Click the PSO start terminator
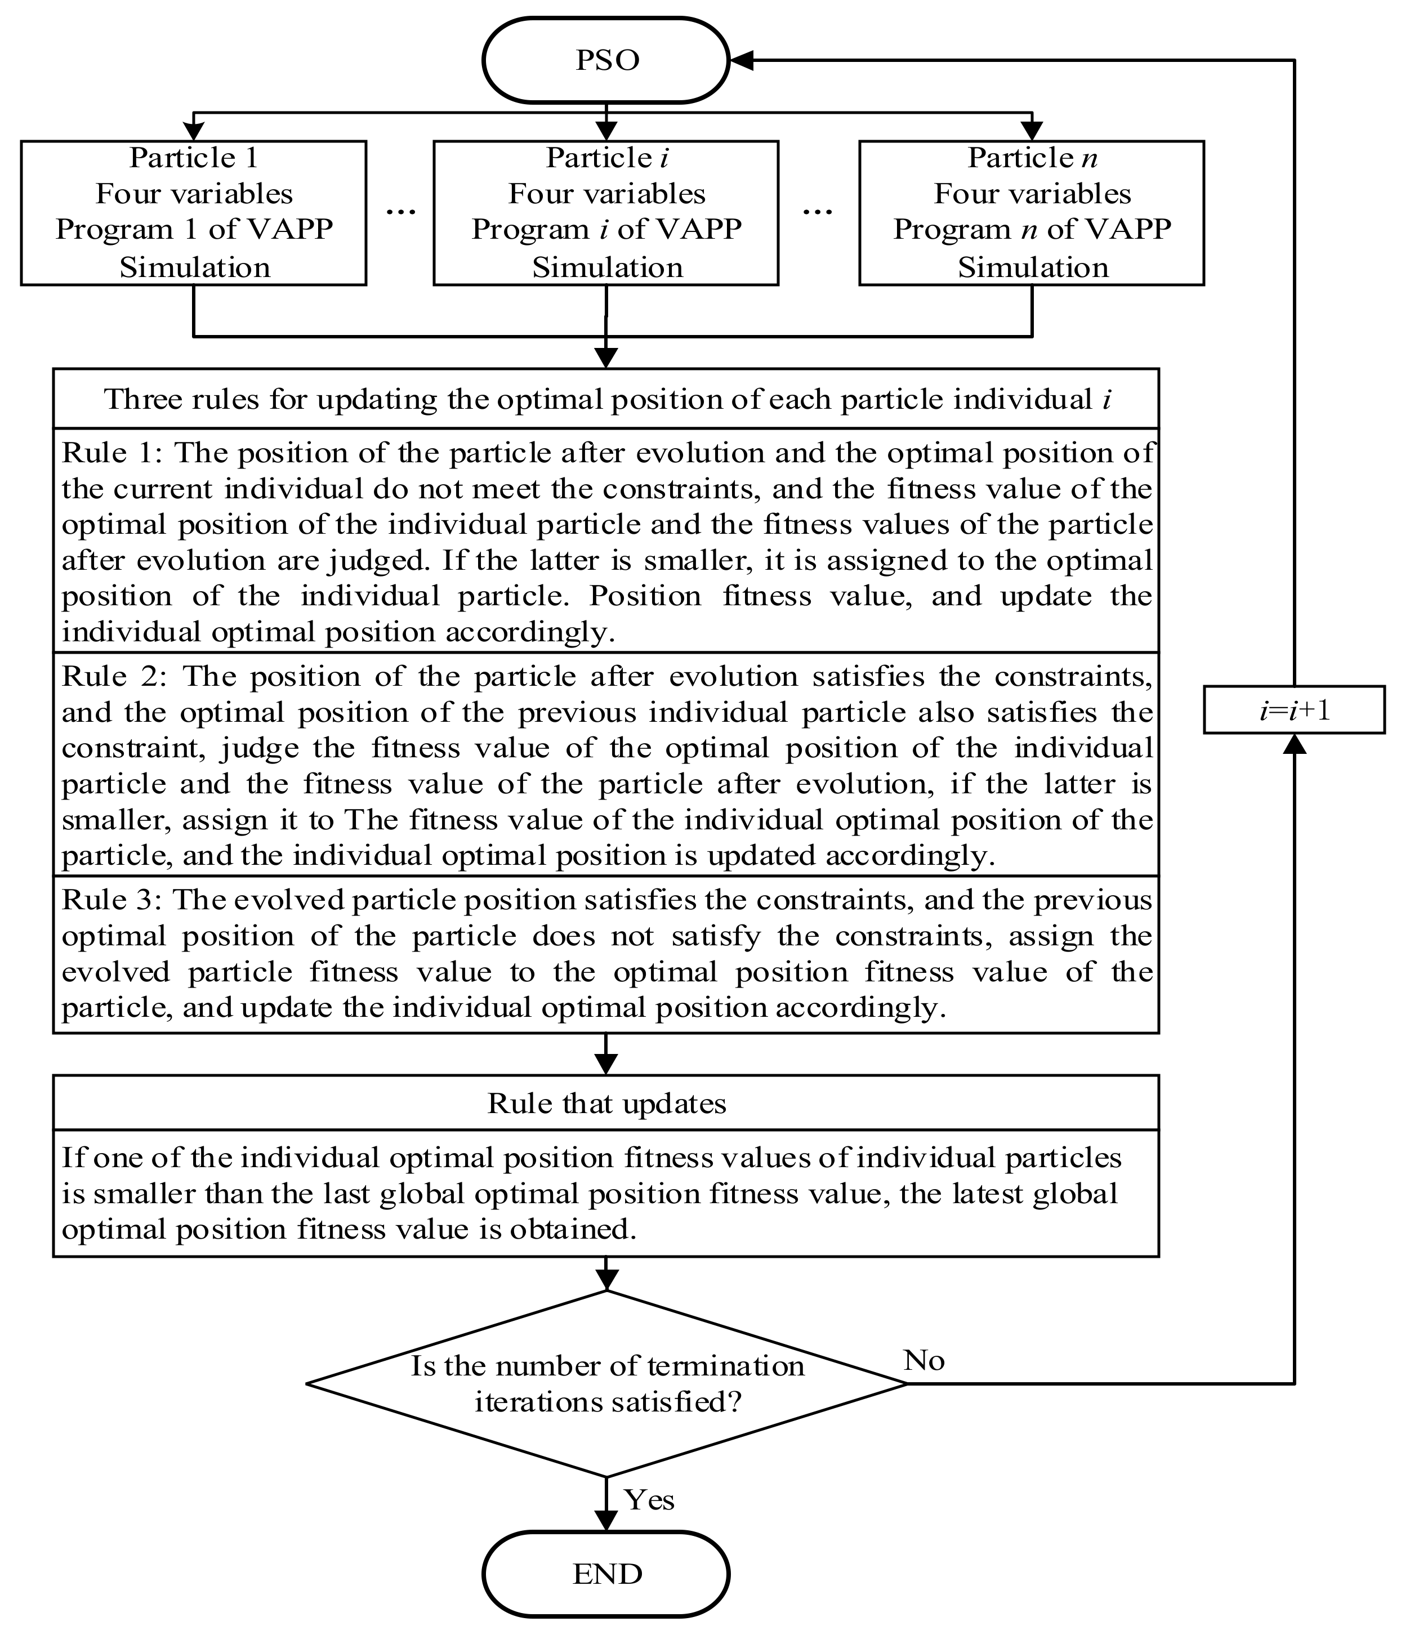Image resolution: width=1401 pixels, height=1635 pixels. coord(605,61)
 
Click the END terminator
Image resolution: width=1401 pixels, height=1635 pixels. coord(605,1574)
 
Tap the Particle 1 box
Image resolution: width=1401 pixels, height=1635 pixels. coord(193,213)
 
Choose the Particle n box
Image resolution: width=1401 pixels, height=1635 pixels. coord(1031,213)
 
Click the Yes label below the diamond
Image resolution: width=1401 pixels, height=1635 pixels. coord(649,1499)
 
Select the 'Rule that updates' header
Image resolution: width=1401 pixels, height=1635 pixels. coord(605,1103)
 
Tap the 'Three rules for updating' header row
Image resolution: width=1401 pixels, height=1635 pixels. coord(605,399)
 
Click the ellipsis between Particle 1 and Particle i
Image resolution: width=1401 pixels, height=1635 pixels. coord(400,212)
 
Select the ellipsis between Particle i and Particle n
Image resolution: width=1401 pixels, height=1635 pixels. coord(818,212)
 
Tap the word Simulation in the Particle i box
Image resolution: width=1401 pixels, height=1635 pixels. coord(606,267)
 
